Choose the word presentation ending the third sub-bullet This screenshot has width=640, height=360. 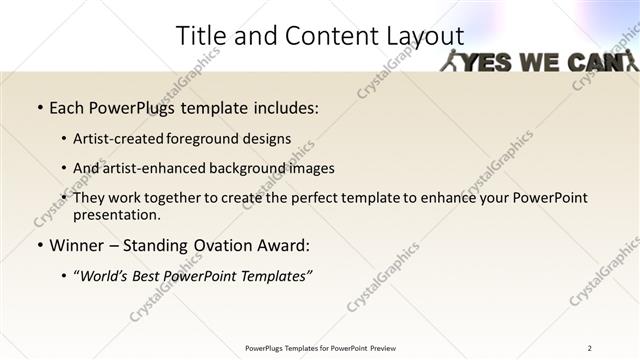tap(117, 214)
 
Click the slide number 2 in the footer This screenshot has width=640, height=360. tap(589, 348)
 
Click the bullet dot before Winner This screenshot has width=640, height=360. tap(39, 246)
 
